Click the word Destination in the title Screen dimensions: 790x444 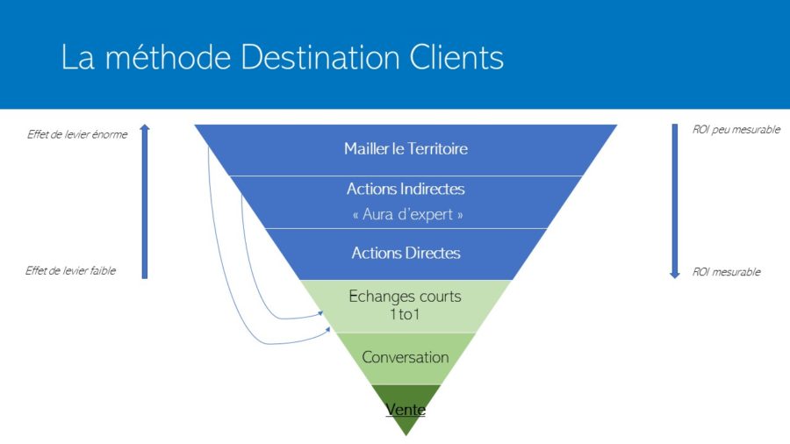(x=320, y=56)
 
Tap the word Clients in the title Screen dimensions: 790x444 (x=456, y=56)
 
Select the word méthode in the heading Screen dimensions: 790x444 (x=168, y=56)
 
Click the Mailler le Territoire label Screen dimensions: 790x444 (x=406, y=148)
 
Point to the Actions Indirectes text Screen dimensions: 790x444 (x=406, y=189)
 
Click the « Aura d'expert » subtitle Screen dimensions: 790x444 (x=407, y=214)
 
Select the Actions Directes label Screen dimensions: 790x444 (x=406, y=253)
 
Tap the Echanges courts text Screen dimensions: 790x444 (x=405, y=296)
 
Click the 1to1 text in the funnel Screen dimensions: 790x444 (x=405, y=314)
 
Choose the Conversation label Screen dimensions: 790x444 (x=405, y=357)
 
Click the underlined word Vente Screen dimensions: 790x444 (x=406, y=409)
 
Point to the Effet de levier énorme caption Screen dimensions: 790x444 (x=77, y=134)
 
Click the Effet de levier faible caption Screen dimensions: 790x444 (x=70, y=271)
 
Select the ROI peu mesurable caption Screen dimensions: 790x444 (x=736, y=129)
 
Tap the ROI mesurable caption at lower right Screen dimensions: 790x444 (x=727, y=272)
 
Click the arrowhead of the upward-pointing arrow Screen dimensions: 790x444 (x=145, y=128)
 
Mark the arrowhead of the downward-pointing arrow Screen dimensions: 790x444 (x=675, y=275)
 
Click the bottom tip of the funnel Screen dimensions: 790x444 (x=406, y=435)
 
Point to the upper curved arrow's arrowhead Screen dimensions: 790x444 (x=321, y=313)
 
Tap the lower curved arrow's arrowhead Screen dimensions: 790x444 (x=328, y=330)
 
